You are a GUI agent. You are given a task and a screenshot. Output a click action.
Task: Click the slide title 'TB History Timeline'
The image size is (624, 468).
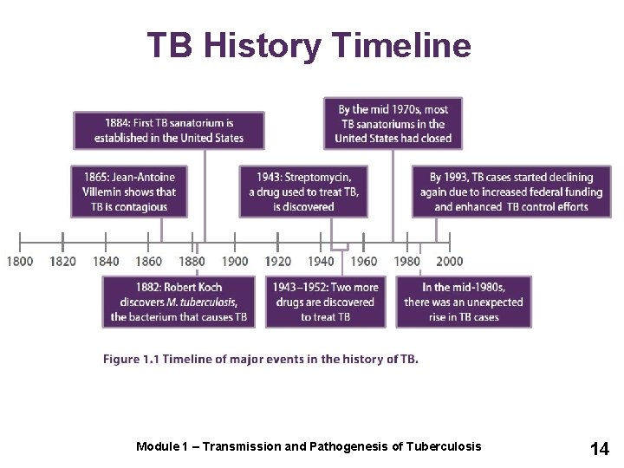click(x=309, y=45)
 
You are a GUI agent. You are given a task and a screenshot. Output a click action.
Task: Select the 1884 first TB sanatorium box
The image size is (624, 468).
click(x=169, y=130)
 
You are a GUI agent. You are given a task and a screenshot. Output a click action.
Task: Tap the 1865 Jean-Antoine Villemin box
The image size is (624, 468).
click(x=130, y=192)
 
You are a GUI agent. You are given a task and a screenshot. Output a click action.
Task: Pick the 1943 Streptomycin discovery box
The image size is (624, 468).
click(x=303, y=192)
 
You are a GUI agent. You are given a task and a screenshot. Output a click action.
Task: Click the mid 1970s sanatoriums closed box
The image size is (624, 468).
click(x=393, y=123)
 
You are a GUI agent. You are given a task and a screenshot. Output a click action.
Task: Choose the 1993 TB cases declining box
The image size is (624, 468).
click(x=511, y=192)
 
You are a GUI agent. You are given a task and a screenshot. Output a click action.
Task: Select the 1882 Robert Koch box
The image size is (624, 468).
click(x=179, y=302)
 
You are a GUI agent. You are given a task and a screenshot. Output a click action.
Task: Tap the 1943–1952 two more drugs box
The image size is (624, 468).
click(x=326, y=302)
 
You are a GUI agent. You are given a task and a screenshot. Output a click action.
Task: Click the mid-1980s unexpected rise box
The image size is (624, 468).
click(x=464, y=302)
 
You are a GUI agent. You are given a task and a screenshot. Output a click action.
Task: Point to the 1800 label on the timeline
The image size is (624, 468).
click(x=20, y=261)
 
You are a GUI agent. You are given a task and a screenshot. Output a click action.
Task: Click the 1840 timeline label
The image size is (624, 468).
click(x=106, y=261)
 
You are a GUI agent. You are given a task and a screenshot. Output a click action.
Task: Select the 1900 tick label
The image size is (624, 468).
click(x=235, y=261)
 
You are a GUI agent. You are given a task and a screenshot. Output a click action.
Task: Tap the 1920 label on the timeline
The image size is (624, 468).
click(x=277, y=261)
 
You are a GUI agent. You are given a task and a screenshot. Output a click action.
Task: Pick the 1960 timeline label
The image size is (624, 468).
click(x=364, y=261)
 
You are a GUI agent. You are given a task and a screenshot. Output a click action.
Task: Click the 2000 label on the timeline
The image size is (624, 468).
click(x=450, y=261)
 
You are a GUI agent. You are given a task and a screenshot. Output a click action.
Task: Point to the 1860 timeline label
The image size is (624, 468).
click(x=149, y=261)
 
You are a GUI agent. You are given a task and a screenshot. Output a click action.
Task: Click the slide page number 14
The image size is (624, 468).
click(x=600, y=448)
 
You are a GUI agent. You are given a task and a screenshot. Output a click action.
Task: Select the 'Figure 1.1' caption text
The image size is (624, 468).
click(x=131, y=359)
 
